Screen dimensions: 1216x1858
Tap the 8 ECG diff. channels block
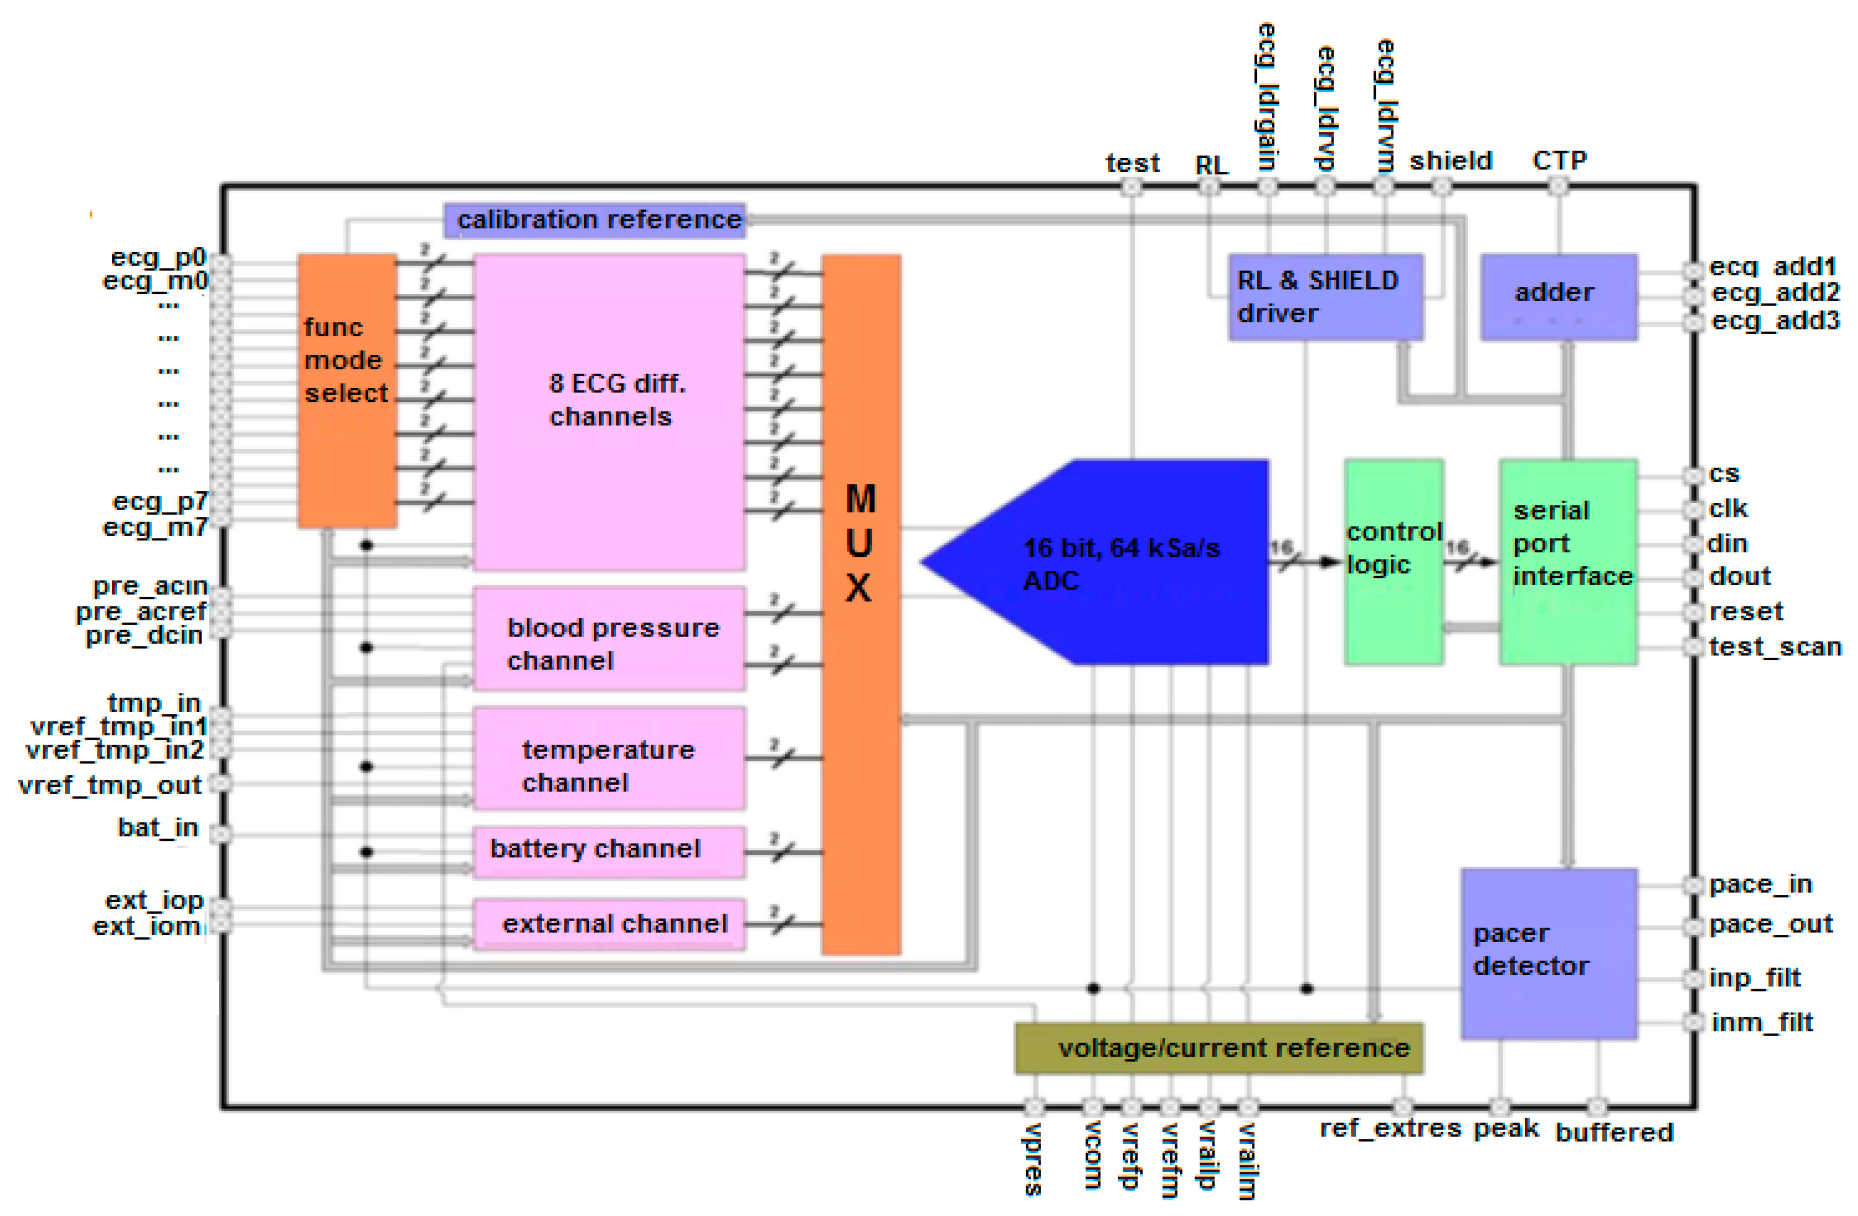[x=609, y=412]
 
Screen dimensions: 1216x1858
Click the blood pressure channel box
[x=609, y=640]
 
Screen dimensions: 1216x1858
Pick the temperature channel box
[x=609, y=759]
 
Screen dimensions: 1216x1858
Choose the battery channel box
[x=609, y=852]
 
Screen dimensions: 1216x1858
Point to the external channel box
[x=609, y=925]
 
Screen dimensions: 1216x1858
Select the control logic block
[x=1393, y=562]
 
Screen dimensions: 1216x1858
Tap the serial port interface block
[x=1567, y=562]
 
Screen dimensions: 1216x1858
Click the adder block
[x=1558, y=297]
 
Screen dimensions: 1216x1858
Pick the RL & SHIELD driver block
[x=1325, y=297]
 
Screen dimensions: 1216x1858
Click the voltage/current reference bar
[x=1218, y=1049]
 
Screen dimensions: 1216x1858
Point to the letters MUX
[x=860, y=543]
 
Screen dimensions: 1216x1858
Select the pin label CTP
[x=1559, y=160]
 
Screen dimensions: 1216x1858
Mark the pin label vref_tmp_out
[x=109, y=785]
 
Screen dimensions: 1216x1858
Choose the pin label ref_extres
[x=1390, y=1129]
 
